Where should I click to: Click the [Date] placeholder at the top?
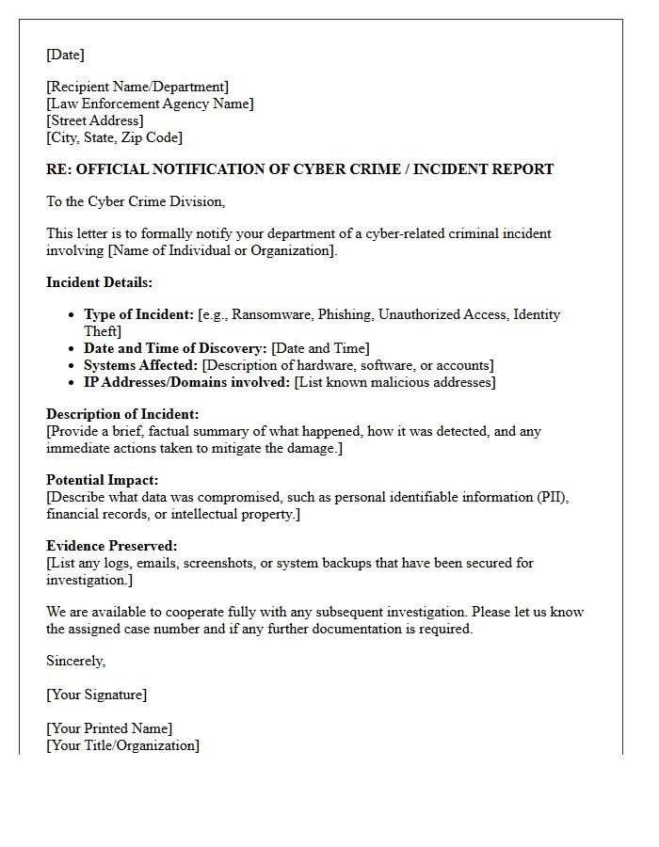click(65, 55)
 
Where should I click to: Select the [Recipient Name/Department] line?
click(137, 88)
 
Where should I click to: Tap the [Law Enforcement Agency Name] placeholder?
click(150, 104)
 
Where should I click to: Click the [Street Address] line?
click(95, 120)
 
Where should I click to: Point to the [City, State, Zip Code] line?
click(114, 137)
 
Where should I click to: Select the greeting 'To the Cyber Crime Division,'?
click(136, 201)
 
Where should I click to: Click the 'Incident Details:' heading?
click(99, 282)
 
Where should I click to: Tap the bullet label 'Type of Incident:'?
click(139, 314)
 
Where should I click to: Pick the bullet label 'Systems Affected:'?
click(141, 365)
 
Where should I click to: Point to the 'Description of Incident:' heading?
click(122, 414)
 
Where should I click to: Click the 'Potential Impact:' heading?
click(103, 480)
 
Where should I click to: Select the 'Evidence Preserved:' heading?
click(112, 546)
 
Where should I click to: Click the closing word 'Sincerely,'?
click(76, 661)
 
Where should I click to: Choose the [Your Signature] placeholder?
click(96, 695)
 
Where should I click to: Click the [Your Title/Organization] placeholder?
click(122, 745)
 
